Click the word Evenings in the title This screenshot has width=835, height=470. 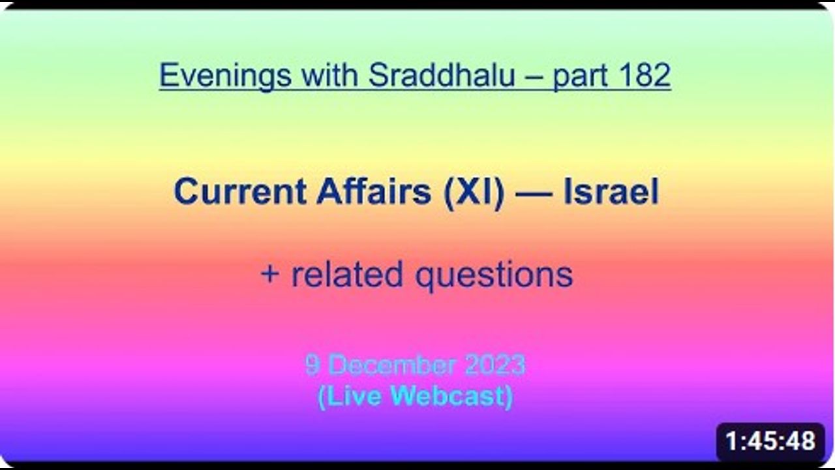(x=225, y=76)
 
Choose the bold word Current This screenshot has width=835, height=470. (x=241, y=192)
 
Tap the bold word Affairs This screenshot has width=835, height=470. (x=374, y=191)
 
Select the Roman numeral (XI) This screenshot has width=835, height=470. (x=474, y=193)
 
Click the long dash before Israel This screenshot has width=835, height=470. (x=534, y=195)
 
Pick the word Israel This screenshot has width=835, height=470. (x=611, y=191)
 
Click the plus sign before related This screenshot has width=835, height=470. (x=270, y=275)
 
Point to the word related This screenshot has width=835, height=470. (x=346, y=274)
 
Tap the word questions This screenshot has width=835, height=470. (x=494, y=277)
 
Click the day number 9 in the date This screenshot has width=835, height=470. (x=312, y=365)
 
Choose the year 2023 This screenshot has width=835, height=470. (x=495, y=365)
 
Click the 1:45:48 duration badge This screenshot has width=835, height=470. (x=770, y=441)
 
